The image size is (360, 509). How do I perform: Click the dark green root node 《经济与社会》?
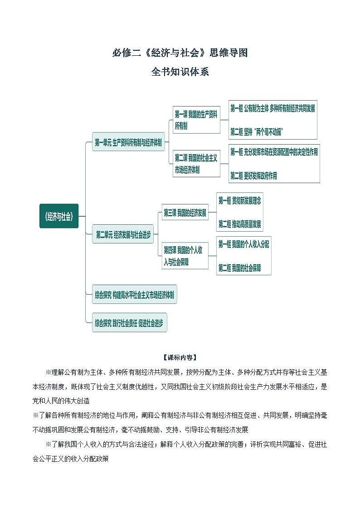coord(59,216)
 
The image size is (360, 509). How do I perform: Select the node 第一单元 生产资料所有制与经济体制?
coord(128,142)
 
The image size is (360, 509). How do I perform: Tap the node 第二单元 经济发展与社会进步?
coord(124,235)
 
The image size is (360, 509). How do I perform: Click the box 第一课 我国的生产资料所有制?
coord(196,120)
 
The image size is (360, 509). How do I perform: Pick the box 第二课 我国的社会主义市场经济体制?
coord(196,164)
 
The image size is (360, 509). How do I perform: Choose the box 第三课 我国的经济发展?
coord(185,213)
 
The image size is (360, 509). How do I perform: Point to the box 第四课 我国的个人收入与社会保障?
coord(185,256)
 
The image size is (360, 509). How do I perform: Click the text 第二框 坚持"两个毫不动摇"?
coord(257,132)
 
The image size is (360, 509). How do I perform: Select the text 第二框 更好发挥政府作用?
coord(253,176)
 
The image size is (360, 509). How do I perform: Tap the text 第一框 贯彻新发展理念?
coord(240,200)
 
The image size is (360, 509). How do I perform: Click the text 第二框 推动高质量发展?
coord(240,224)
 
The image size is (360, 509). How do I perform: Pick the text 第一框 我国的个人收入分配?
coord(243,244)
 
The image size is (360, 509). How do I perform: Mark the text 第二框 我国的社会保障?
coord(239,268)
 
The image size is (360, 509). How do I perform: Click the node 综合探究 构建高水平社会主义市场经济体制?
coord(134,295)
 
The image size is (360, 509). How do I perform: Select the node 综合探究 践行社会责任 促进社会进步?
coord(129,323)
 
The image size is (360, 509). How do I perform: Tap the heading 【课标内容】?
coord(180,357)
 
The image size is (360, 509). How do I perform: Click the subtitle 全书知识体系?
coord(180,72)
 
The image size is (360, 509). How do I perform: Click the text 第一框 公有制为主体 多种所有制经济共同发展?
coord(272,109)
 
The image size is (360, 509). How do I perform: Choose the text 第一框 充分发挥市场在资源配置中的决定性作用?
coord(274,152)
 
